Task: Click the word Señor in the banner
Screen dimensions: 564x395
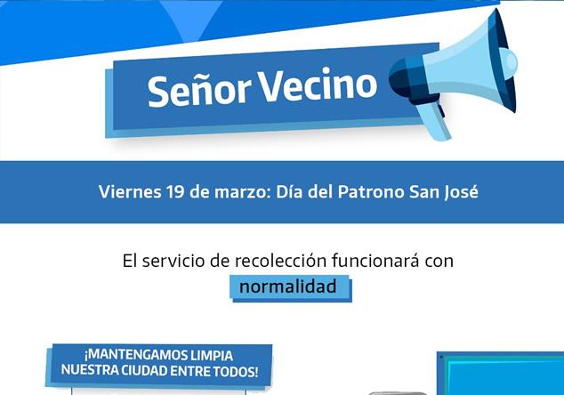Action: click(x=199, y=90)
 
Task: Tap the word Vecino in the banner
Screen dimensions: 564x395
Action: click(x=318, y=85)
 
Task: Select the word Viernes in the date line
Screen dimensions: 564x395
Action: click(x=130, y=191)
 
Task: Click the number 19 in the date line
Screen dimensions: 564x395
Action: click(x=175, y=191)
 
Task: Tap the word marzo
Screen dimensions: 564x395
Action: click(x=243, y=192)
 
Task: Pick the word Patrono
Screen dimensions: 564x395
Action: click(x=371, y=191)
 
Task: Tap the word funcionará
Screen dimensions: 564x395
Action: click(x=375, y=260)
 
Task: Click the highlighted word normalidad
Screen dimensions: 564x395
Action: click(x=288, y=286)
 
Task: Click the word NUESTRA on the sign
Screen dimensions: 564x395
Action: click(x=90, y=369)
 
